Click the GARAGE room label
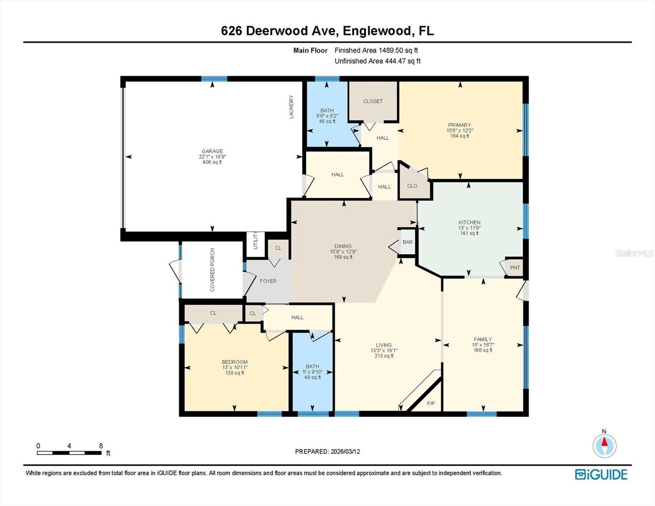point(212,151)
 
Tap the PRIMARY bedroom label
point(459,125)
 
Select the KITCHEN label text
point(469,222)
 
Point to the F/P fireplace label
point(430,404)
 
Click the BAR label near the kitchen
point(407,242)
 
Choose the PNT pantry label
point(514,268)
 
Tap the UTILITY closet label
point(255,240)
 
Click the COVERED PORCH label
point(212,270)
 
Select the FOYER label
point(268,281)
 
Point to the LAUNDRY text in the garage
point(291,107)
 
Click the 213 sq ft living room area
point(384,356)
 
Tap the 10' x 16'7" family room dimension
point(483,345)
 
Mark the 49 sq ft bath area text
point(312,377)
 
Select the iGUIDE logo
point(601,474)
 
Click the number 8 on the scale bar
point(101,446)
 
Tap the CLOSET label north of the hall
point(373,101)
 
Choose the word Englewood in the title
point(376,31)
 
